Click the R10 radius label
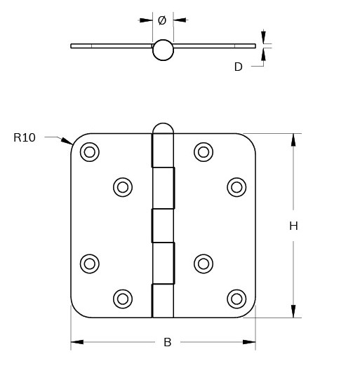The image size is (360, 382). (25, 137)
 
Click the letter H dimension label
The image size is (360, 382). (293, 226)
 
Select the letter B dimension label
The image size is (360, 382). (167, 342)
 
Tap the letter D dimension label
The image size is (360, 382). (238, 67)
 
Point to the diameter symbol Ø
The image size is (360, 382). (162, 20)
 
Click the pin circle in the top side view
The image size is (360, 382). (163, 50)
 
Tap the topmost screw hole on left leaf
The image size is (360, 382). (90, 151)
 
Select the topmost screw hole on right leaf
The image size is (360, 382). (204, 151)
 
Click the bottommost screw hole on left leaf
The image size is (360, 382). (123, 299)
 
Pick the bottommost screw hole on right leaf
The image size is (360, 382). (236, 299)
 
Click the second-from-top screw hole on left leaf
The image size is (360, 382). (123, 186)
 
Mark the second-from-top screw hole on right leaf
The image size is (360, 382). (236, 186)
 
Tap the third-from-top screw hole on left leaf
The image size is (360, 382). (90, 264)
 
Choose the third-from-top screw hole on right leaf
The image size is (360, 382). (204, 264)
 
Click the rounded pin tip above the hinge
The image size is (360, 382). (163, 129)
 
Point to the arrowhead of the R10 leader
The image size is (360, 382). (68, 142)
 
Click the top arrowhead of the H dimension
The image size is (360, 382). (293, 139)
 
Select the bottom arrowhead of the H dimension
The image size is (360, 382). (293, 312)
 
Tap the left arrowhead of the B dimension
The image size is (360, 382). (76, 342)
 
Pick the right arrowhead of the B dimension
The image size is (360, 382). (250, 342)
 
